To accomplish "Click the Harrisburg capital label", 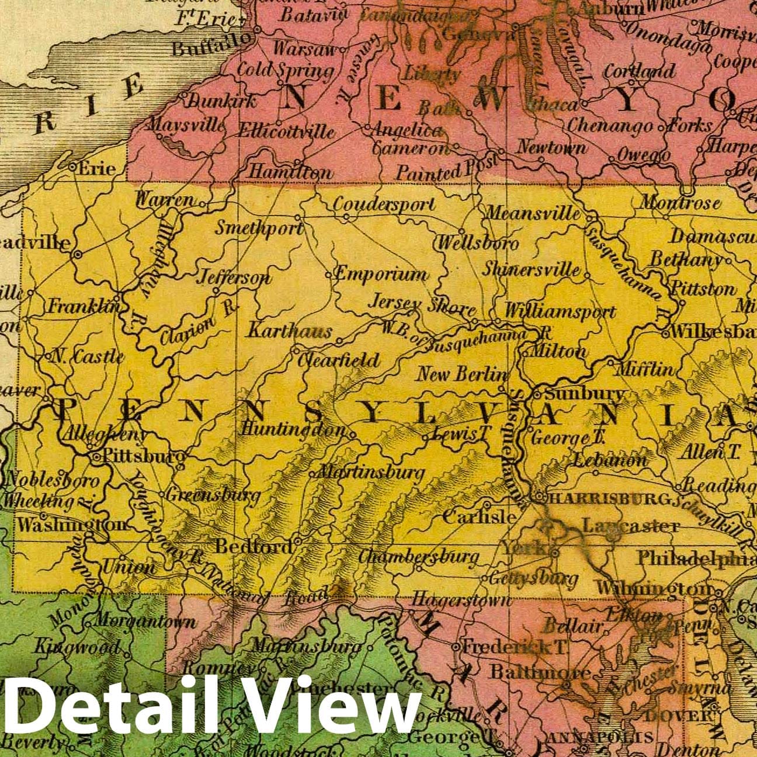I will pyautogui.click(x=610, y=499).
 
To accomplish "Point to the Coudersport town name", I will pyautogui.click(x=384, y=204).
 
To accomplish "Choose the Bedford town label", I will pyautogui.click(x=254, y=547).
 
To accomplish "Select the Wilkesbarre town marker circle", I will pyautogui.click(x=666, y=335).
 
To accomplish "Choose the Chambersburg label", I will pyautogui.click(x=419, y=557).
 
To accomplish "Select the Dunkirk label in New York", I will pyautogui.click(x=223, y=100).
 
